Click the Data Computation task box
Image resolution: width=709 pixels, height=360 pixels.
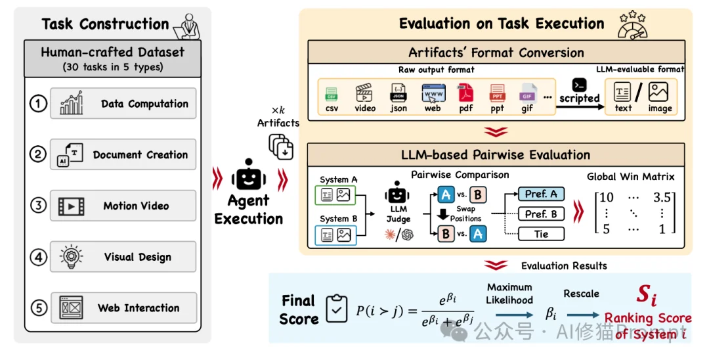point(123,104)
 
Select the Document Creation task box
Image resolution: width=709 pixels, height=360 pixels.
point(123,155)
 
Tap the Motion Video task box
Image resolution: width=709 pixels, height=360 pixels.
point(123,206)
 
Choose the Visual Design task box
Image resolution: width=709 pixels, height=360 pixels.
point(123,257)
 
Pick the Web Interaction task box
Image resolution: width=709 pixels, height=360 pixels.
point(123,308)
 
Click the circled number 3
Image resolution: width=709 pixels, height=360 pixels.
point(39,206)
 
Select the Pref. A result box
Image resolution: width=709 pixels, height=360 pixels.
point(541,194)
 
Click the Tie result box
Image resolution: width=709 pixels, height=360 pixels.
point(541,233)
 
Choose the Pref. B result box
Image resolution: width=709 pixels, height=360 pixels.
point(541,214)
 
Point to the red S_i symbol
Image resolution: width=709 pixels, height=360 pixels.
point(647,296)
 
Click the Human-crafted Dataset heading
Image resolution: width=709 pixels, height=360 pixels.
point(112,52)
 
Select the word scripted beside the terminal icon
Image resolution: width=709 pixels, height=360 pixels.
point(580,99)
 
